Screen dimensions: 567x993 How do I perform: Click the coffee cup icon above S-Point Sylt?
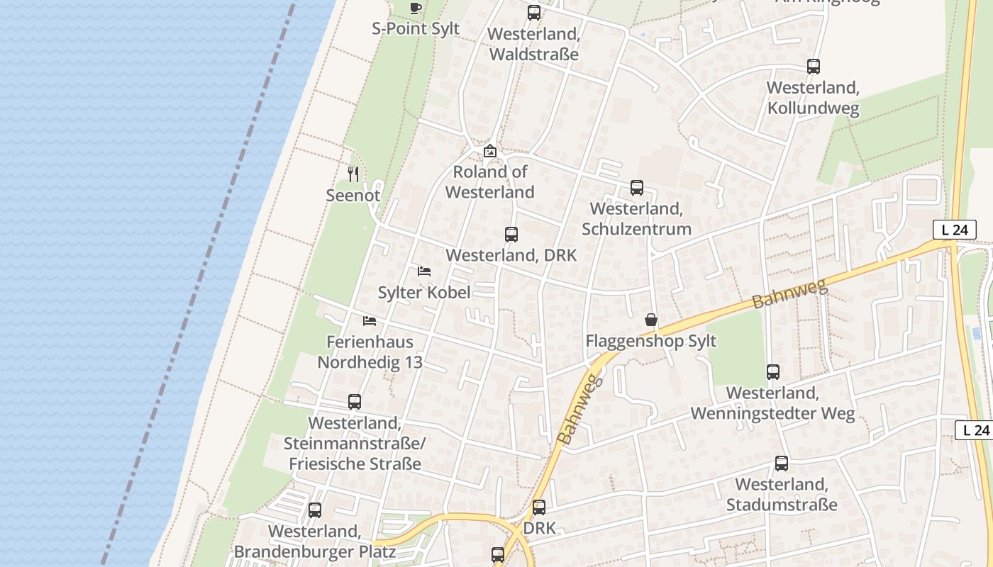[416, 8]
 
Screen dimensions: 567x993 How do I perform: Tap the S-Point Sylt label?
[416, 29]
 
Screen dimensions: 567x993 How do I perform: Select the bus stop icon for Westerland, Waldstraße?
[534, 13]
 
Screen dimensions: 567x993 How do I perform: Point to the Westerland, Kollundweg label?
[813, 98]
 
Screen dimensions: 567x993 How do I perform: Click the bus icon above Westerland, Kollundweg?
[814, 67]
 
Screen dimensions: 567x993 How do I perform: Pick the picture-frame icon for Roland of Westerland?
[489, 151]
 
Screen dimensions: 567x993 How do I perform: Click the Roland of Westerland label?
[489, 182]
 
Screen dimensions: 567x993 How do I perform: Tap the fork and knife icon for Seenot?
[353, 174]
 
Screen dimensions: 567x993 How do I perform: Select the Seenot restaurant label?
[353, 195]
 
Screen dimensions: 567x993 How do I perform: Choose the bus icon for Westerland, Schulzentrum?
[637, 188]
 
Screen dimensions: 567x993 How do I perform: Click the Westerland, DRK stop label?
[511, 255]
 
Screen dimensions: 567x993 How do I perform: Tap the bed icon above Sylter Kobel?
[424, 271]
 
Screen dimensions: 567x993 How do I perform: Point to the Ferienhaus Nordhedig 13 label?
[370, 352]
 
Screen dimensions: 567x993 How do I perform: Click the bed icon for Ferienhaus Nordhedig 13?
[370, 321]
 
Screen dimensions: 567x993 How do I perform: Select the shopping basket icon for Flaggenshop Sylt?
[651, 320]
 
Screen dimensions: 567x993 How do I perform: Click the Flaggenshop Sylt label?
[650, 342]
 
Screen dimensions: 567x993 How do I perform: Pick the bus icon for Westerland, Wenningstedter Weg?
[773, 372]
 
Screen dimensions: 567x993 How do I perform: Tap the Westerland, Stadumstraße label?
[781, 495]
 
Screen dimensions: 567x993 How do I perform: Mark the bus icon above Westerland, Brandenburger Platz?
[315, 510]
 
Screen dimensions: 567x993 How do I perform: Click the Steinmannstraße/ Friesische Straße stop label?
[354, 444]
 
